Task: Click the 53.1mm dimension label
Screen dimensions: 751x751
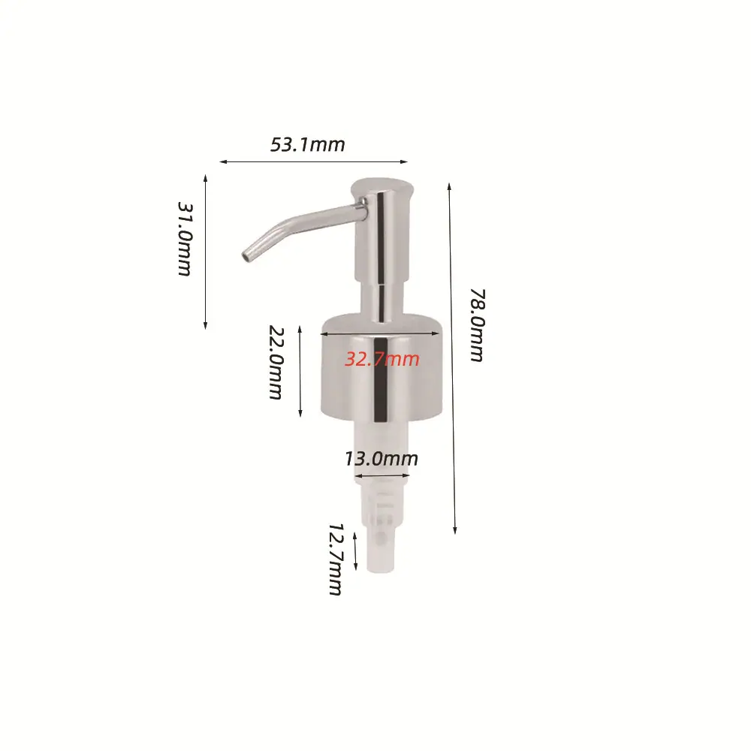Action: [x=307, y=145]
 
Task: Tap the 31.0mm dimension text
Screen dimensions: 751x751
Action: [x=185, y=239]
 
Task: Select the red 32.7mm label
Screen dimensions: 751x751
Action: [x=382, y=359]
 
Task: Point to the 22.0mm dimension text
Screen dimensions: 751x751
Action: [x=276, y=363]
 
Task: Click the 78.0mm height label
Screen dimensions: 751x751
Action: [x=477, y=325]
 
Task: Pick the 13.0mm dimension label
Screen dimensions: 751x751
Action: [x=382, y=459]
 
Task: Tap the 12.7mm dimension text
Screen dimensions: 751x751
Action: [x=336, y=559]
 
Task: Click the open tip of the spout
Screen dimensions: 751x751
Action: [x=247, y=256]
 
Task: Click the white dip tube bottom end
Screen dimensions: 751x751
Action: [x=381, y=569]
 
